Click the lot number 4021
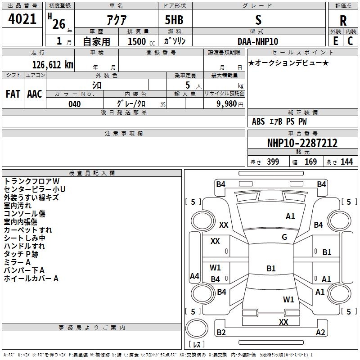tap(22, 19)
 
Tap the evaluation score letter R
tap(343, 20)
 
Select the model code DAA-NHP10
tap(258, 41)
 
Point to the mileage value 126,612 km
tap(53, 64)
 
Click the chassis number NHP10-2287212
tap(302, 144)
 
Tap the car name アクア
tap(116, 20)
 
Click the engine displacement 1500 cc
tap(138, 41)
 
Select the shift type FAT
tap(13, 94)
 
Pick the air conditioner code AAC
tap(35, 94)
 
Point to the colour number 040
tap(75, 104)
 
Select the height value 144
tap(346, 162)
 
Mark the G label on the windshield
tap(284, 237)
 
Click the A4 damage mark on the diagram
tap(194, 276)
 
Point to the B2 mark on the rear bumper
tap(221, 333)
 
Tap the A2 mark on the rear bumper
tap(320, 333)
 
